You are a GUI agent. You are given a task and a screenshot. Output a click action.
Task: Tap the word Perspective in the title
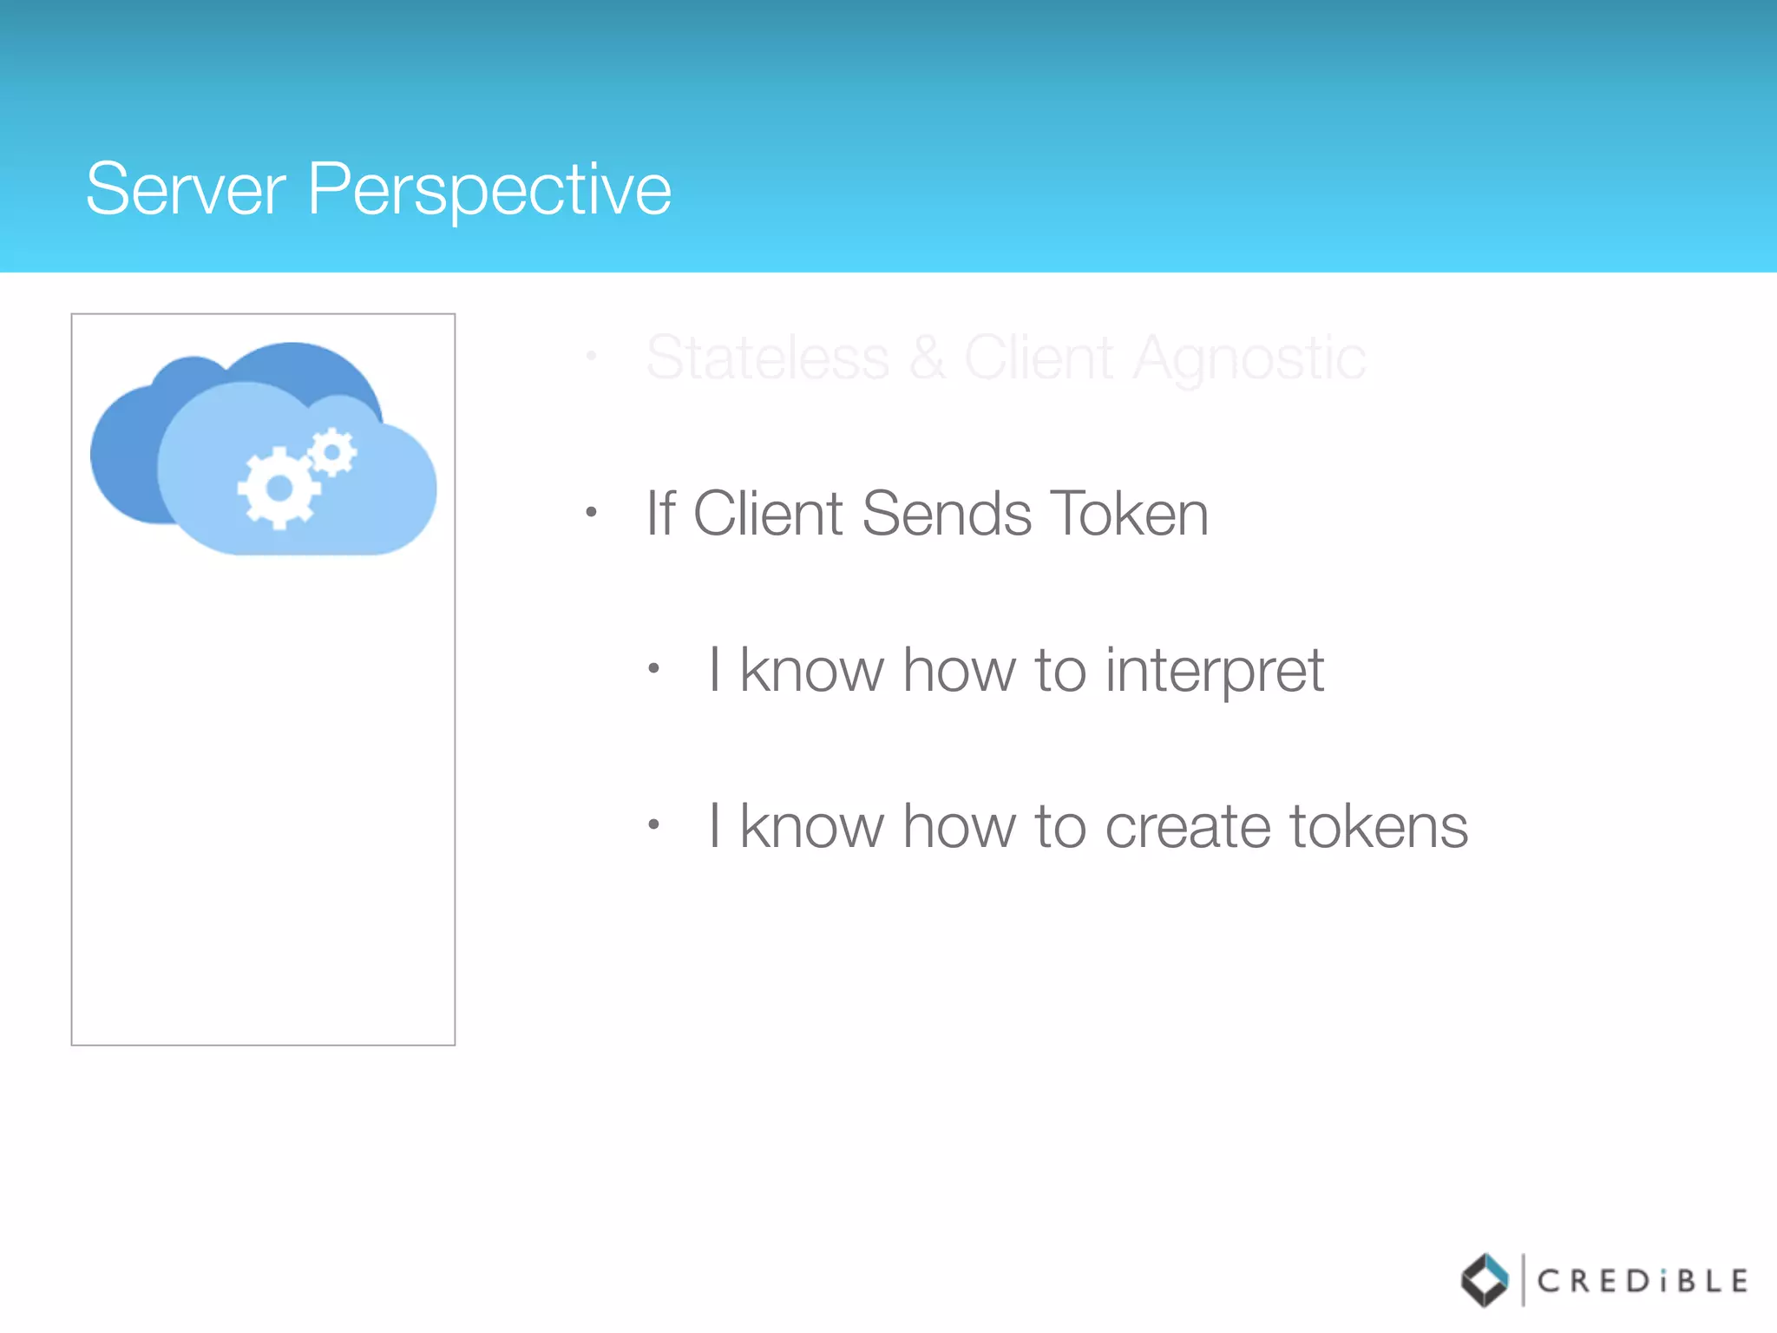point(489,191)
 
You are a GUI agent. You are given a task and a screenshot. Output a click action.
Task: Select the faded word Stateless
point(768,358)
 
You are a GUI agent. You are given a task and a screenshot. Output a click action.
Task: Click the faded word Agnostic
point(1249,359)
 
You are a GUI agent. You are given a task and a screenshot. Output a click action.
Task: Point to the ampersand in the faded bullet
point(928,358)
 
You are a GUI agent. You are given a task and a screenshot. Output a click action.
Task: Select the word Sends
point(947,514)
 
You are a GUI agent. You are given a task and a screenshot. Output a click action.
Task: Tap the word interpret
point(1214,672)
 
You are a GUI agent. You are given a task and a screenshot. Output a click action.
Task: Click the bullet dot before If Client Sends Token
point(591,512)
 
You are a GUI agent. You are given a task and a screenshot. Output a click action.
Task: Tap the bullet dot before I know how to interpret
point(654,668)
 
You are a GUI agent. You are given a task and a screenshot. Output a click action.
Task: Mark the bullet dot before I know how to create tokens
point(654,824)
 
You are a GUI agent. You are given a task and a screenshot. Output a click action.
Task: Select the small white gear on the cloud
point(331,452)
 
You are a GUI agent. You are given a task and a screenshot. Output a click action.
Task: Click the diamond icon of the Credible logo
point(1485,1280)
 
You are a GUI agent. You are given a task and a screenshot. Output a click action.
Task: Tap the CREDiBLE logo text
point(1642,1281)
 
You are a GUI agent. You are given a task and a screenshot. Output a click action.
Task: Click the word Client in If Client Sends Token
point(767,514)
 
